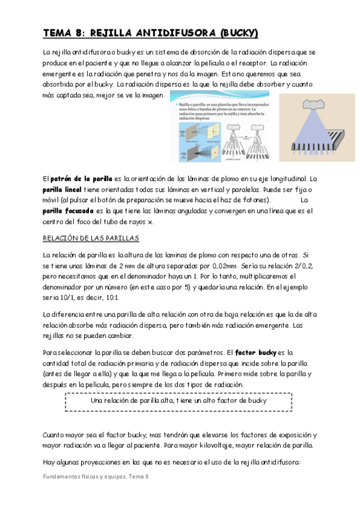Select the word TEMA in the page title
[58, 34]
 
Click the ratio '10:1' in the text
[113, 297]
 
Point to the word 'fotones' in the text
[255, 200]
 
